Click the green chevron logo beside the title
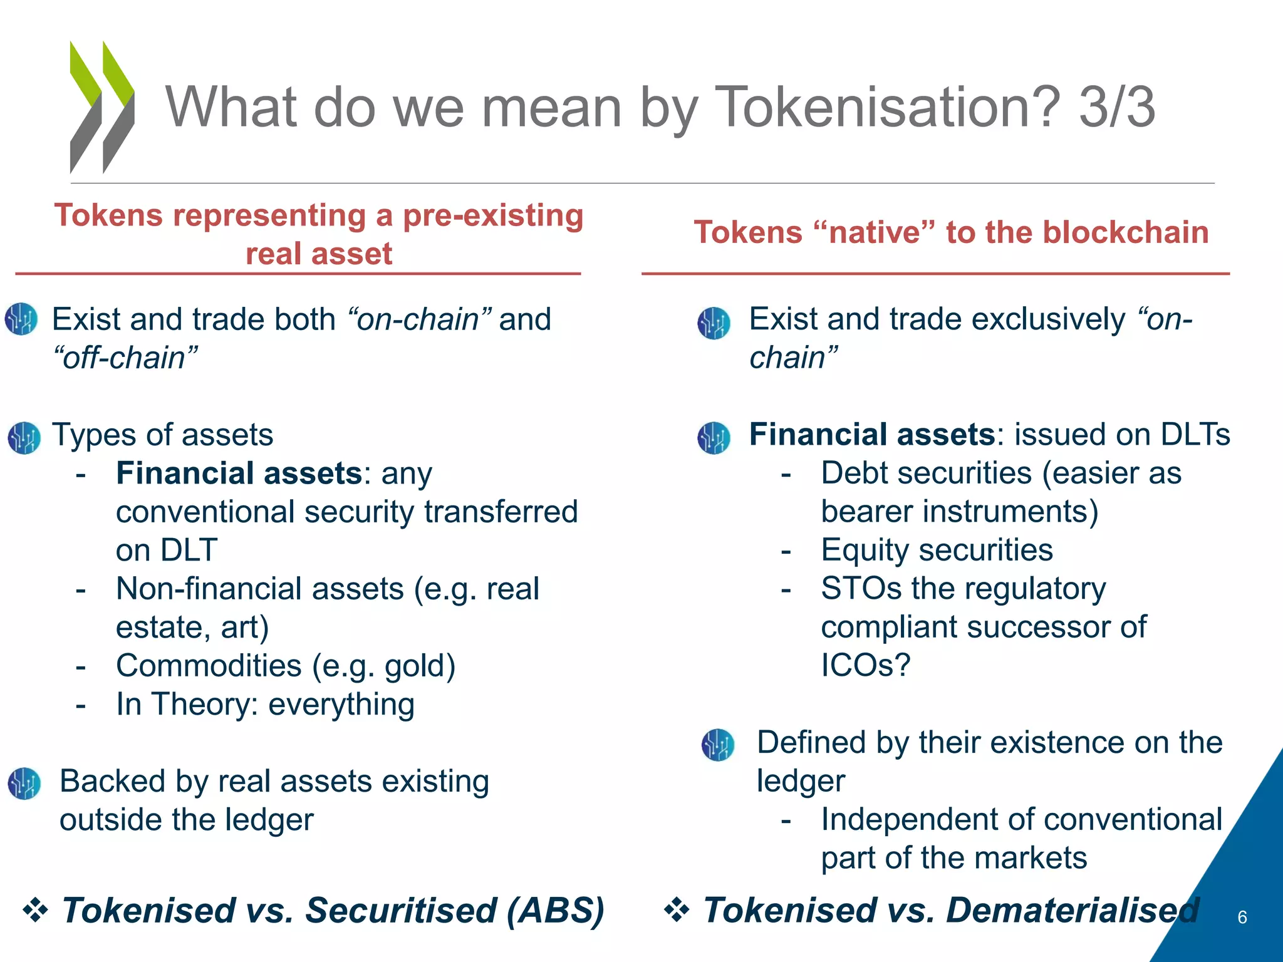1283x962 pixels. point(101,106)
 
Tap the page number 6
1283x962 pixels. point(1242,918)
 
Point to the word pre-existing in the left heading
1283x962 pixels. point(493,215)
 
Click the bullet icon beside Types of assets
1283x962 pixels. point(24,437)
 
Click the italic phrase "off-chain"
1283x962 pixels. point(125,358)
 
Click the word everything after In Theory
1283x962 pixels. point(341,705)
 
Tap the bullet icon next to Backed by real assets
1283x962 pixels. point(24,784)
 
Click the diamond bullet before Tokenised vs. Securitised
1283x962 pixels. point(35,910)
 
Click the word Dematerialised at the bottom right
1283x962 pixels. point(1073,911)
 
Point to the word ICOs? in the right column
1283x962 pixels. point(865,665)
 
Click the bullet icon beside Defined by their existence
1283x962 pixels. point(717,745)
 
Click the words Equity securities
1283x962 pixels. point(937,551)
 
